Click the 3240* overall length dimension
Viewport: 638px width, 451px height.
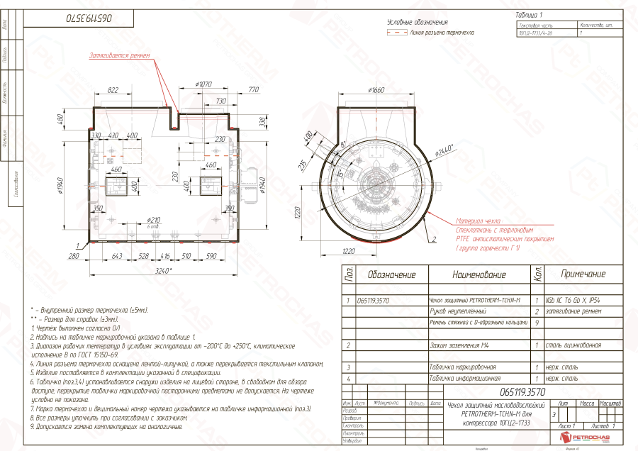[164, 270]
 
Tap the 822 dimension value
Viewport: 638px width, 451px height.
[113, 91]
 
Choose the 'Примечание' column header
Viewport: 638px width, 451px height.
[583, 274]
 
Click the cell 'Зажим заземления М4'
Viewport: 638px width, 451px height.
[461, 345]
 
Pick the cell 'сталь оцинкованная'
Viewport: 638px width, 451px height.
[573, 345]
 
